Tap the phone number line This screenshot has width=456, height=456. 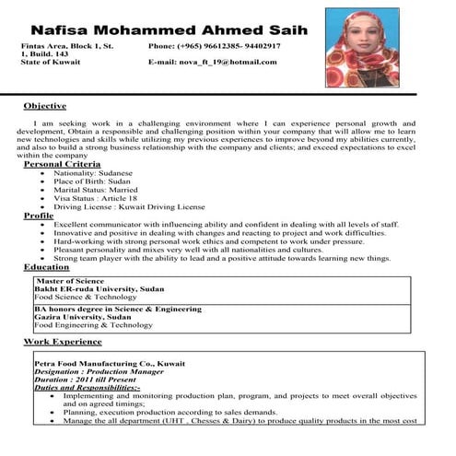click(214, 44)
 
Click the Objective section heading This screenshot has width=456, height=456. click(44, 106)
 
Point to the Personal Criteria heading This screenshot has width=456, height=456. click(62, 163)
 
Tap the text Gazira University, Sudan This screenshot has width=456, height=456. click(82, 317)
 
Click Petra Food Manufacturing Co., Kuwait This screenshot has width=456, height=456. click(102, 364)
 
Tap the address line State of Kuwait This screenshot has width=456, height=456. click(51, 62)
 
